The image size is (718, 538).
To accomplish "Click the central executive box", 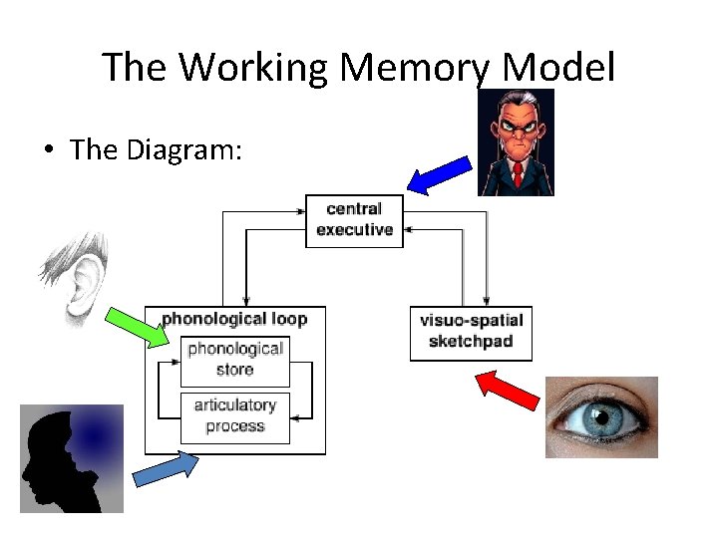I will tap(354, 220).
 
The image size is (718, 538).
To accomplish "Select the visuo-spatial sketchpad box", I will tap(471, 332).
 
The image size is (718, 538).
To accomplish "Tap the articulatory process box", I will tap(235, 416).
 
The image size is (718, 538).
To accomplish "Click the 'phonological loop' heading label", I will tap(234, 320).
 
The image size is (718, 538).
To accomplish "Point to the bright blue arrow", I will tap(439, 173).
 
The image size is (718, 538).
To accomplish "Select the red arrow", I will tap(508, 391).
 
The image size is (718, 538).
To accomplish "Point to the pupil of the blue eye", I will tap(600, 414).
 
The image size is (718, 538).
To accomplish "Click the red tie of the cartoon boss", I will tap(518, 175).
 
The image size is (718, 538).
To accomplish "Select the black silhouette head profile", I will tap(50, 458).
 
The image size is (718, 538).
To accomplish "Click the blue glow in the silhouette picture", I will tap(95, 435).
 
